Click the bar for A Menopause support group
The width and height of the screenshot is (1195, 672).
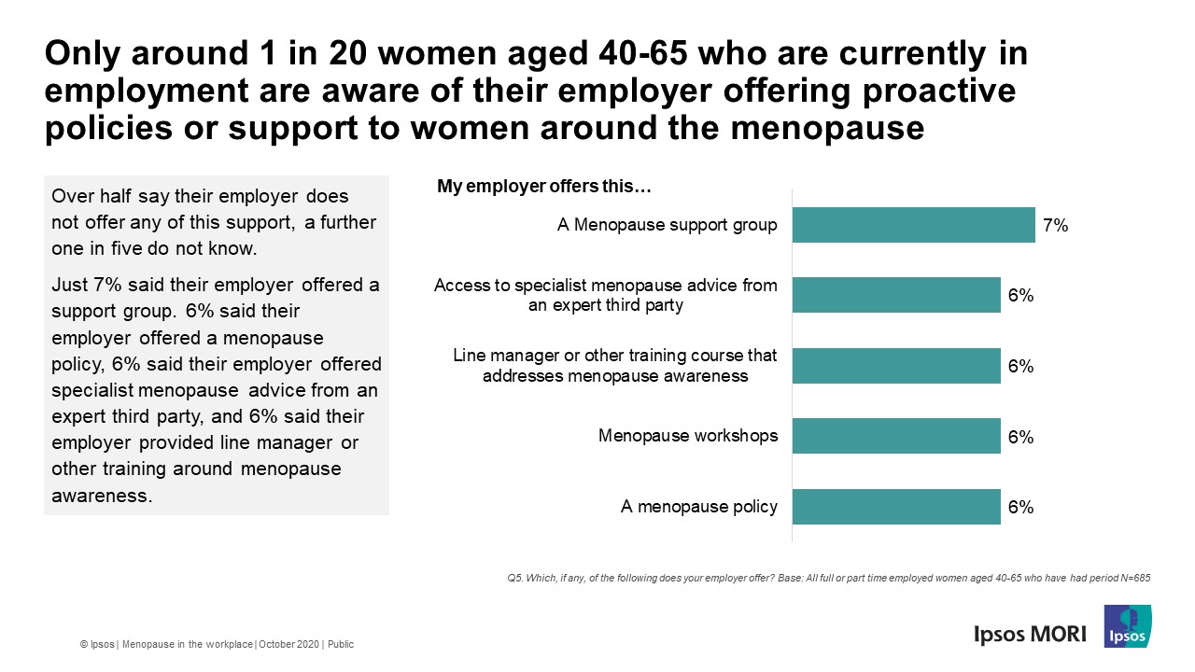tap(913, 225)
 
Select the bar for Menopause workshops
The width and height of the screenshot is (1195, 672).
tap(896, 436)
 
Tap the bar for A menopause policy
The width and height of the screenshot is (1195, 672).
tap(896, 507)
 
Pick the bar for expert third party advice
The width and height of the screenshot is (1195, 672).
tap(896, 295)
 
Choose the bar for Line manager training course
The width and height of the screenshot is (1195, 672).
tap(896, 366)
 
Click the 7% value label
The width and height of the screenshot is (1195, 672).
tap(1055, 225)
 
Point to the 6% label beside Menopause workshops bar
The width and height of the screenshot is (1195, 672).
tap(1020, 437)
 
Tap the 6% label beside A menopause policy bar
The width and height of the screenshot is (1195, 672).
tap(1020, 507)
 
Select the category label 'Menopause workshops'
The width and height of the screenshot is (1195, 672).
tap(687, 436)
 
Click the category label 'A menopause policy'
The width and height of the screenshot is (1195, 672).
tap(698, 507)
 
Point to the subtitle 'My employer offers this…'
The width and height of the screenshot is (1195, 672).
tap(543, 187)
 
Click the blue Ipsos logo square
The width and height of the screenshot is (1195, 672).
tap(1127, 626)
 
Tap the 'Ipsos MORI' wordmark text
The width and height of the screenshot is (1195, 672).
tap(1030, 634)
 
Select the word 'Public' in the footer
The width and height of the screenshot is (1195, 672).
tap(340, 644)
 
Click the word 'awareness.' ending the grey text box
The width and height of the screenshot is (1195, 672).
tap(102, 496)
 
